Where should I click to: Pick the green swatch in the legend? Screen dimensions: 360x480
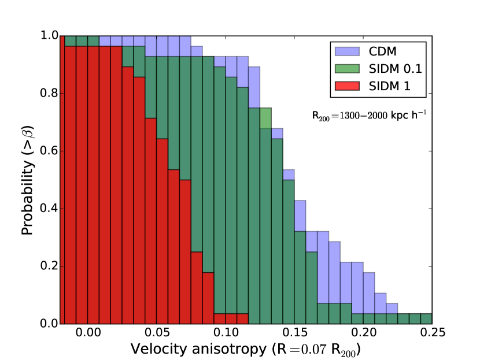tap(346, 69)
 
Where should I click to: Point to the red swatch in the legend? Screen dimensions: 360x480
tap(346, 87)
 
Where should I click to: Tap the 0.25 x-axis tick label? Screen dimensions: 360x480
tap(431, 333)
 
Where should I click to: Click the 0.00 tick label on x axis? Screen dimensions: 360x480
tap(88, 333)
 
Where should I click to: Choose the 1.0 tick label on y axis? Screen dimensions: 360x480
tap(50, 36)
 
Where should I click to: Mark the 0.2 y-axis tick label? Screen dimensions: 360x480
tap(50, 266)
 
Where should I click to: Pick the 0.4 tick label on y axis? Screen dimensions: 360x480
tap(50, 209)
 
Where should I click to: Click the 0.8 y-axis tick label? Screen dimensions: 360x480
tap(50, 94)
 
